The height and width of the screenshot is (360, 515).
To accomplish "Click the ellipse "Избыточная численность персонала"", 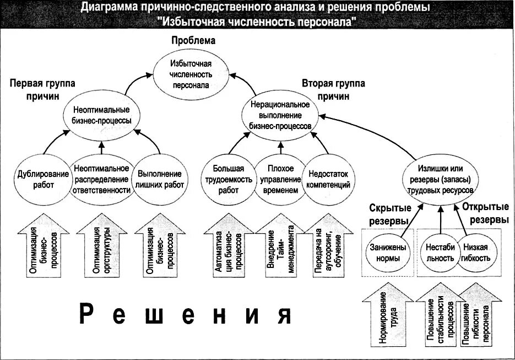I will [189, 74].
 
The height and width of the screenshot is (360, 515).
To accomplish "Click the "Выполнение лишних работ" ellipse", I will [159, 179].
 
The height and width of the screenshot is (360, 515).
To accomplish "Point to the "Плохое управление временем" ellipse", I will [280, 179].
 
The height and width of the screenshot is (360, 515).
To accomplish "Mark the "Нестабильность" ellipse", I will [441, 252].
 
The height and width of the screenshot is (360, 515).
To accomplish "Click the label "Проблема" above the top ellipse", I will [193, 41].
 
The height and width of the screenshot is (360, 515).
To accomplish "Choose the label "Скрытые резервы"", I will [388, 214].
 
